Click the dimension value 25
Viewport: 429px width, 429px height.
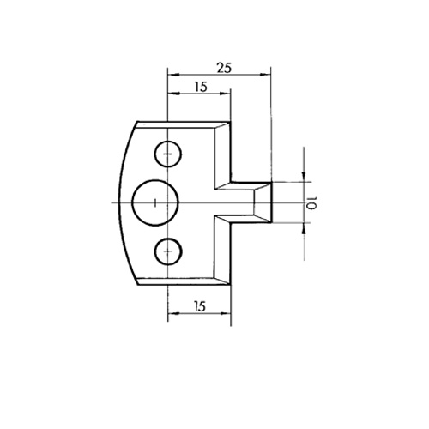[x=224, y=68]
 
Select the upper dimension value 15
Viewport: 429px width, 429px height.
[x=201, y=87]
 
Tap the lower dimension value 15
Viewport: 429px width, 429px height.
[x=200, y=307]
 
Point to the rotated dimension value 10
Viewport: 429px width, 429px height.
[x=311, y=202]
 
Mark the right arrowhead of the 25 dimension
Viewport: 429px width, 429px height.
[x=265, y=75]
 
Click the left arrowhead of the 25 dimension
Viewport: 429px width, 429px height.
[x=173, y=75]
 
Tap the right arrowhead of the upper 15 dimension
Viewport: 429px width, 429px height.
[x=225, y=94]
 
